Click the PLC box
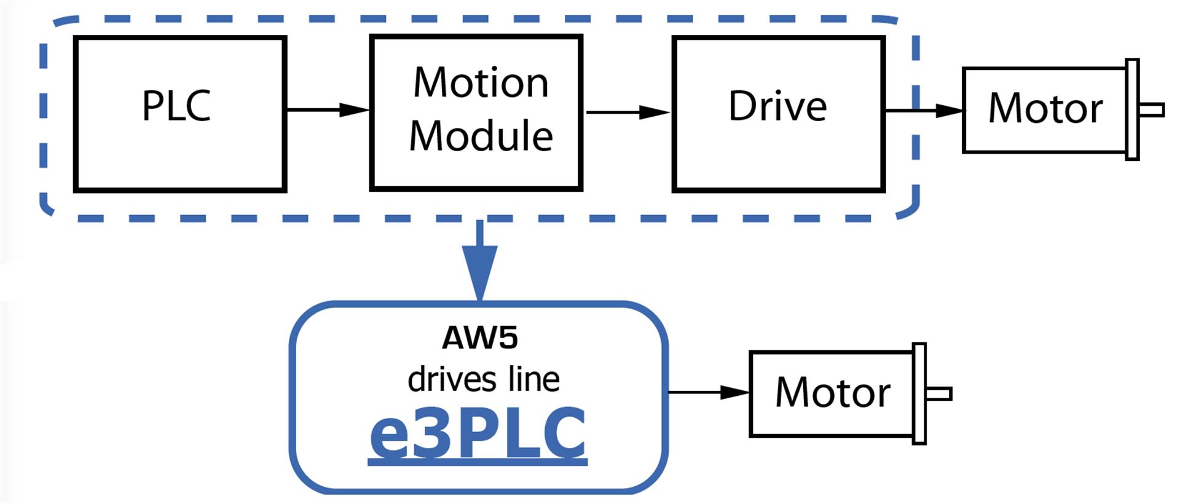click(x=179, y=114)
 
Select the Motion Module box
click(x=476, y=113)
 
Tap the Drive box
click(x=778, y=114)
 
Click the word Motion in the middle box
click(x=481, y=83)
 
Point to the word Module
click(x=481, y=136)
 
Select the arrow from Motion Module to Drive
click(x=627, y=112)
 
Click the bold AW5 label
click(x=479, y=337)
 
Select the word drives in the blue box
click(x=450, y=379)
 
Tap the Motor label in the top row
click(x=1045, y=109)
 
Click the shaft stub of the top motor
click(x=1151, y=110)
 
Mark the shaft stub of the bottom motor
click(x=938, y=394)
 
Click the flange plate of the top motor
click(x=1132, y=110)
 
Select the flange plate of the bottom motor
click(x=919, y=394)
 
